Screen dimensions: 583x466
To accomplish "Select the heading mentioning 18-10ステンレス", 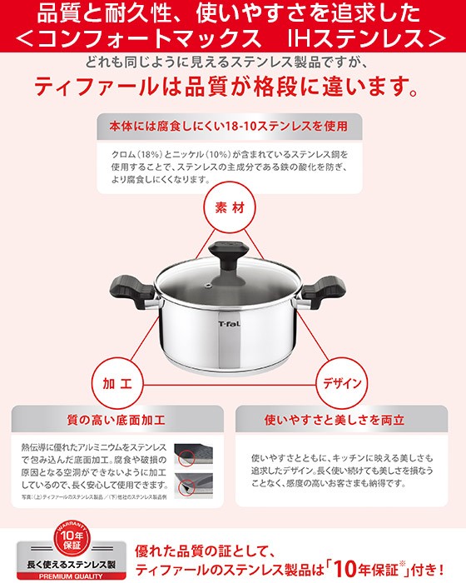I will coord(229,127).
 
